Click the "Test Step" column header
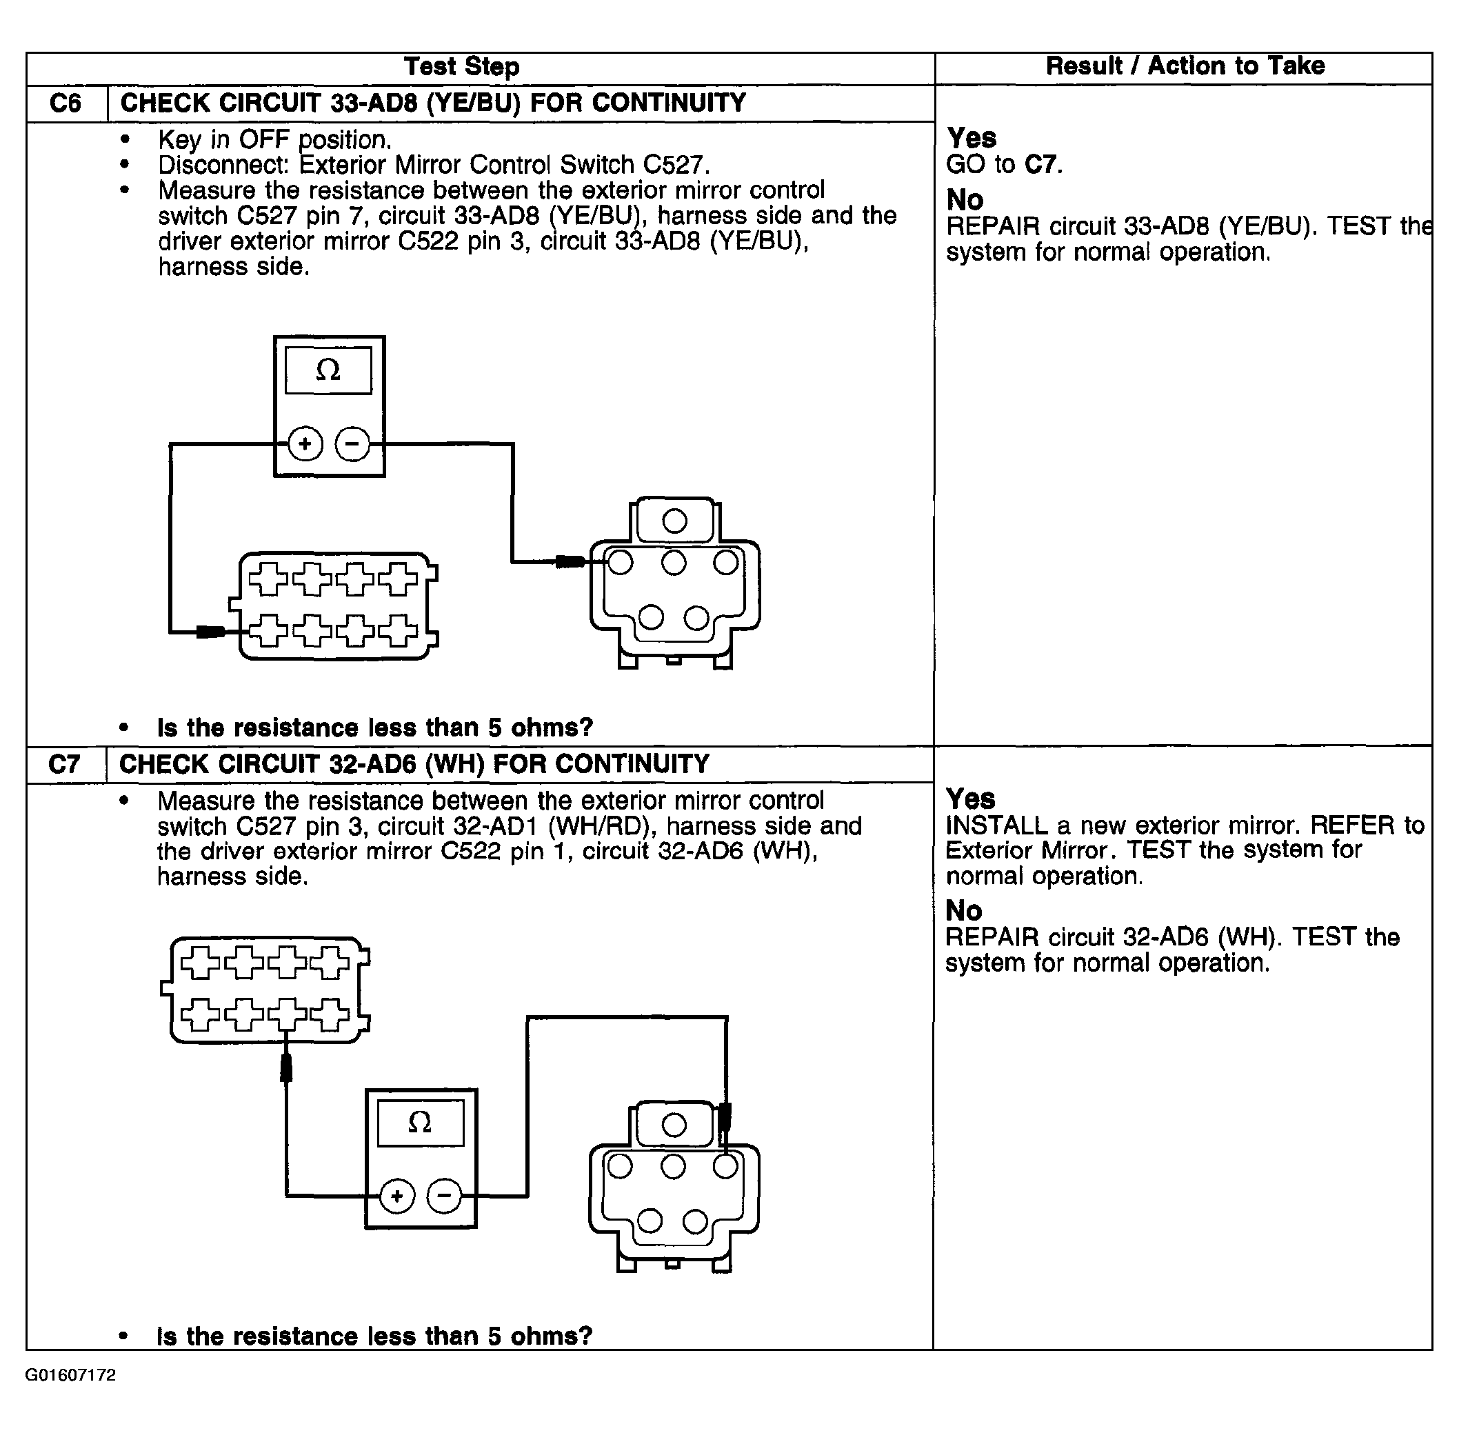[x=461, y=67]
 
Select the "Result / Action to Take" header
[x=1185, y=66]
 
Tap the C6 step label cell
[x=66, y=103]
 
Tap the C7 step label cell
[x=65, y=765]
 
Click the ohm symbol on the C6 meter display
[x=328, y=370]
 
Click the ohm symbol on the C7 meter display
[x=420, y=1122]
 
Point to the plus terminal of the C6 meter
[x=305, y=443]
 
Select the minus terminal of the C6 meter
[x=352, y=443]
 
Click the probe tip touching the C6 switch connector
[x=211, y=632]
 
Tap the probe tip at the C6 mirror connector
[x=570, y=561]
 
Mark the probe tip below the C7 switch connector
[x=286, y=1068]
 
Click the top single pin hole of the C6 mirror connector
[x=674, y=521]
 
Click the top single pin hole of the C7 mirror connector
[x=674, y=1125]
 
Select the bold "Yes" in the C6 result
[x=972, y=139]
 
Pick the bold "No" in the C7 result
[x=964, y=911]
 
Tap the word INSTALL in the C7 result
[x=996, y=825]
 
